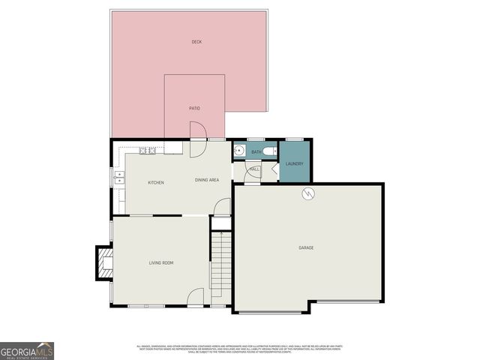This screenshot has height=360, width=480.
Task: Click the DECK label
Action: pos(196,42)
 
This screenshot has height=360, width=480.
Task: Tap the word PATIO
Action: pos(194,108)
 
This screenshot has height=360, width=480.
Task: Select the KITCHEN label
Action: pos(156,183)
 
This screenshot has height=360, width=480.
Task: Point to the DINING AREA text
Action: pos(206,180)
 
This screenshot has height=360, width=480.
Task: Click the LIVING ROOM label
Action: pos(161,262)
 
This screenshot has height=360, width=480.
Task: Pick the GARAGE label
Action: pos(306,247)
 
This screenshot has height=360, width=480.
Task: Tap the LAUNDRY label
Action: pos(294,164)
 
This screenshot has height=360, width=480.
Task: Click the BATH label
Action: pos(256,152)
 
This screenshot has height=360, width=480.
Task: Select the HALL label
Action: pos(255,169)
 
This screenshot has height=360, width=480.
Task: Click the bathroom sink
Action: pos(238,151)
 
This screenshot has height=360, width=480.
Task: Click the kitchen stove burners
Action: pos(146,151)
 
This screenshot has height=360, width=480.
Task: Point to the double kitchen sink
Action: pos(118,178)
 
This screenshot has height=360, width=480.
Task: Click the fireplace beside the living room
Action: pos(103,262)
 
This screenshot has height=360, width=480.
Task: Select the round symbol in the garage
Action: pos(307,194)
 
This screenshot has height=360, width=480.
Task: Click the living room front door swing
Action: pos(196,297)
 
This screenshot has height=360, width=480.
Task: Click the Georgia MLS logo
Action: pos(27,350)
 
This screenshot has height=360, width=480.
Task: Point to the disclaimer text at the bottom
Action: pos(239,349)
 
